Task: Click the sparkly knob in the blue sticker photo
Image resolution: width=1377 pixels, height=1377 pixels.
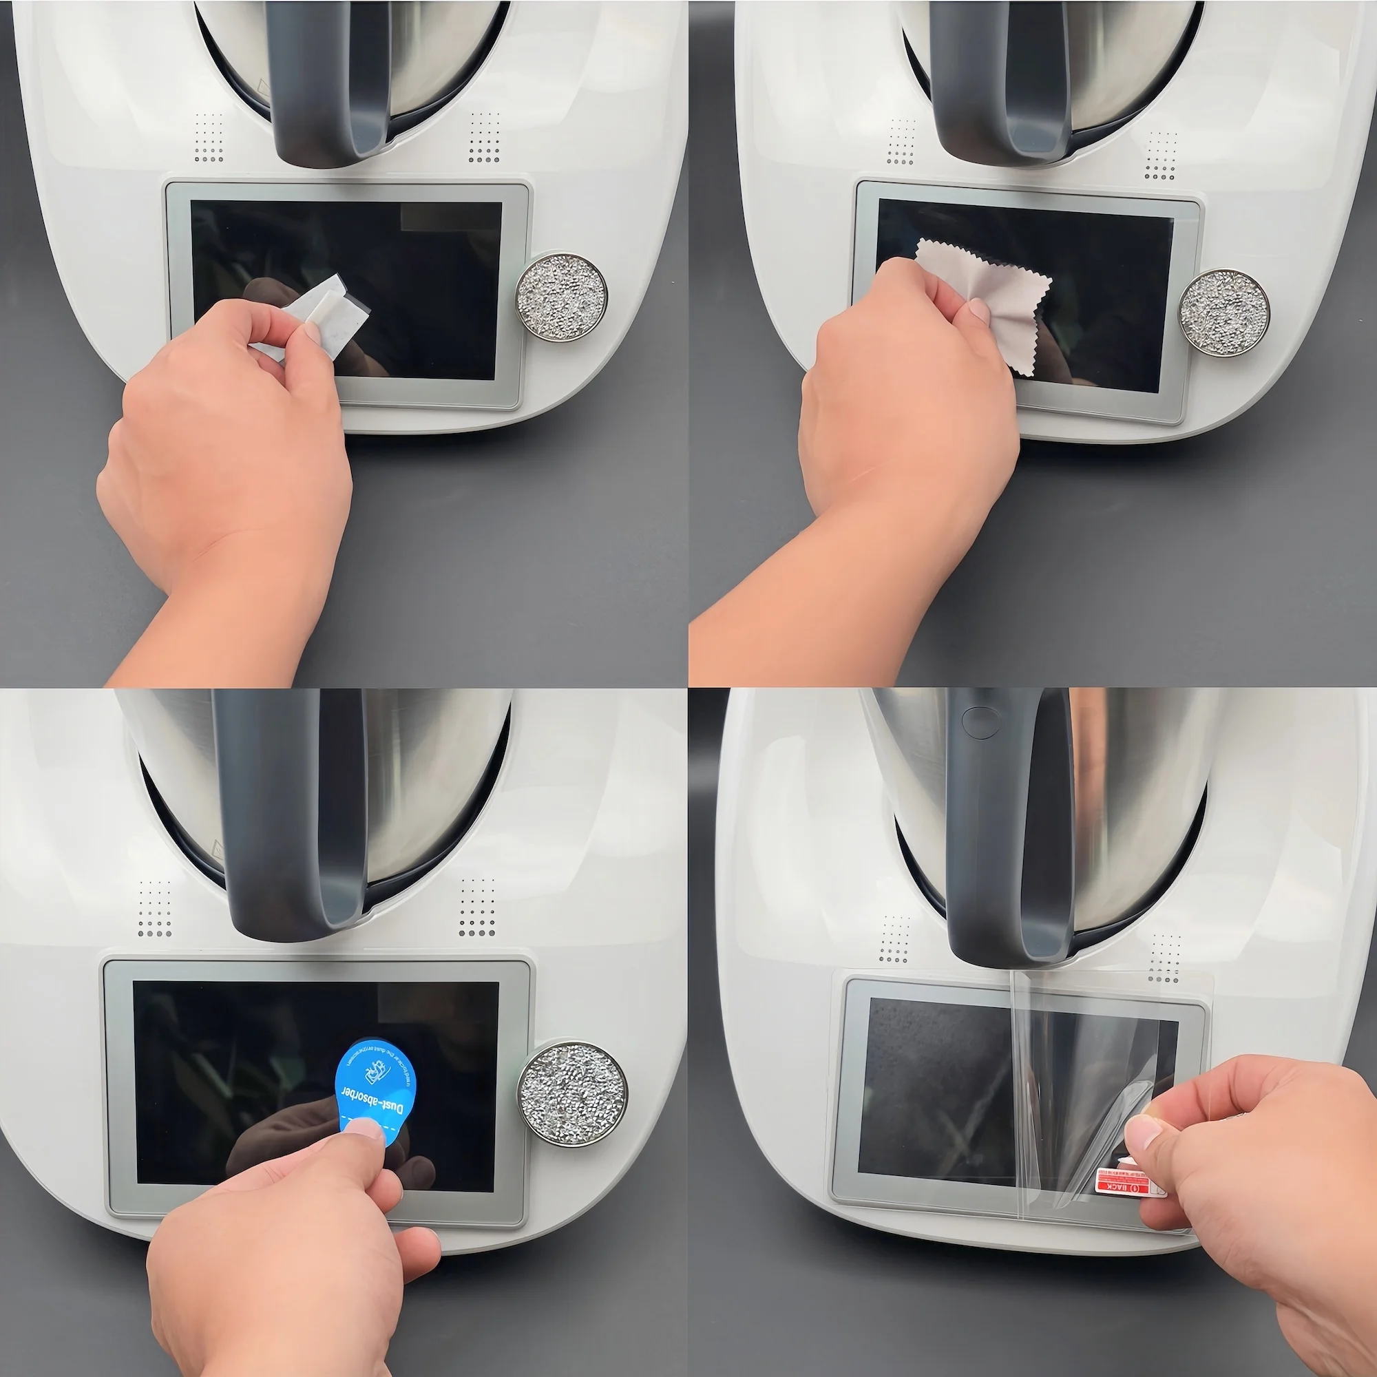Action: [x=572, y=1095]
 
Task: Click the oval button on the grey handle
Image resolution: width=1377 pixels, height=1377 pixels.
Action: [x=980, y=722]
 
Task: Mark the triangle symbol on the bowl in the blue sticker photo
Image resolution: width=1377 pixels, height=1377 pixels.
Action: [x=218, y=850]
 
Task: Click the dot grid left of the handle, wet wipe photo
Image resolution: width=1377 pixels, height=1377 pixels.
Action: [x=209, y=137]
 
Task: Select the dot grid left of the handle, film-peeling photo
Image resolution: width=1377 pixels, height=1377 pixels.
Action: [x=894, y=938]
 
